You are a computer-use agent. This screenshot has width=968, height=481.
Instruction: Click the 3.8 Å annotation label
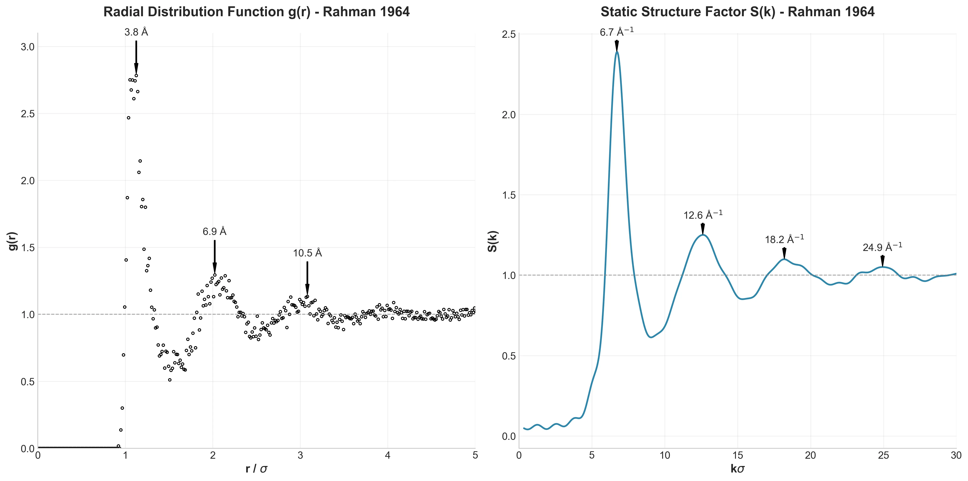click(x=136, y=32)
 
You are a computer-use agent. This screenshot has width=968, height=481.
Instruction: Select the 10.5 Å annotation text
click(x=307, y=253)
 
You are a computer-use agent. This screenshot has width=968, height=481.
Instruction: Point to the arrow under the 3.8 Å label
click(x=136, y=56)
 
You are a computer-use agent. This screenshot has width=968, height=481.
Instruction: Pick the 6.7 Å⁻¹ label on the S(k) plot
click(x=616, y=32)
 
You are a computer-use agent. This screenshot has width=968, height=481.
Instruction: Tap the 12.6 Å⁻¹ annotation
click(x=703, y=215)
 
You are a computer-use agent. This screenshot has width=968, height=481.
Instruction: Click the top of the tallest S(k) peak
click(x=617, y=52)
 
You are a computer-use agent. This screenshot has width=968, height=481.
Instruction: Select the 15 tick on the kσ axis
click(x=738, y=455)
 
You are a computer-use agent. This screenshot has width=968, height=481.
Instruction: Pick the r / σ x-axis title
click(x=256, y=469)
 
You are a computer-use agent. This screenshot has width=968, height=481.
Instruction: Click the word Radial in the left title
click(x=124, y=12)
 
